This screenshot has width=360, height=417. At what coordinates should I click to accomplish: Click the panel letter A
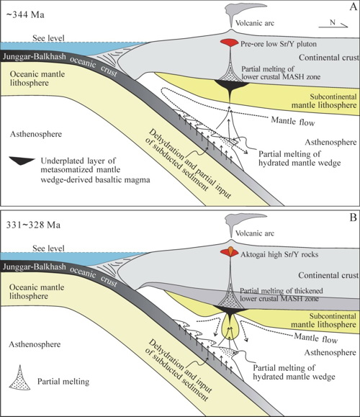point(353,6)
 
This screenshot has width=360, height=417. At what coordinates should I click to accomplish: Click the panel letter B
point(353,218)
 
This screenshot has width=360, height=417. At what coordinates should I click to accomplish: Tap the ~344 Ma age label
point(25,14)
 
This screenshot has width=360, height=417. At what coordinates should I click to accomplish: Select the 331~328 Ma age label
point(33,225)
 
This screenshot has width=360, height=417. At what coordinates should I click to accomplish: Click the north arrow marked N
point(333,24)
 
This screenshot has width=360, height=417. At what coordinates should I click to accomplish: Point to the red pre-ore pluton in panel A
point(229,42)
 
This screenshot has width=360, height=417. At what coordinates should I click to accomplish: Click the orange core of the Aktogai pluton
point(230,250)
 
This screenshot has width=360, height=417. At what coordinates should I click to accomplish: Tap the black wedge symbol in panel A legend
point(22,161)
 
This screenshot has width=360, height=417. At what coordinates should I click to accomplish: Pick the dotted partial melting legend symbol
point(19,377)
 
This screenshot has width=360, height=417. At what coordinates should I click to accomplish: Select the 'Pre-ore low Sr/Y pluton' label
point(279,44)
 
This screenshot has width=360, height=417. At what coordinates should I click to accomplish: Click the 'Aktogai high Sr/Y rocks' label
point(279,254)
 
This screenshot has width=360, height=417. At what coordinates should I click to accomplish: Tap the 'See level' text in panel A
point(48,38)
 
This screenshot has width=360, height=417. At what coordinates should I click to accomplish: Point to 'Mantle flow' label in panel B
point(315,338)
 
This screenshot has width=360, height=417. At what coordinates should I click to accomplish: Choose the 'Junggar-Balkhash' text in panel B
point(34,266)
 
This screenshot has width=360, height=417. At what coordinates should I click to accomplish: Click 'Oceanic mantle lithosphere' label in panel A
point(37,79)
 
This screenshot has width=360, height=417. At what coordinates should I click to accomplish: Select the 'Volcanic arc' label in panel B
point(255,233)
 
